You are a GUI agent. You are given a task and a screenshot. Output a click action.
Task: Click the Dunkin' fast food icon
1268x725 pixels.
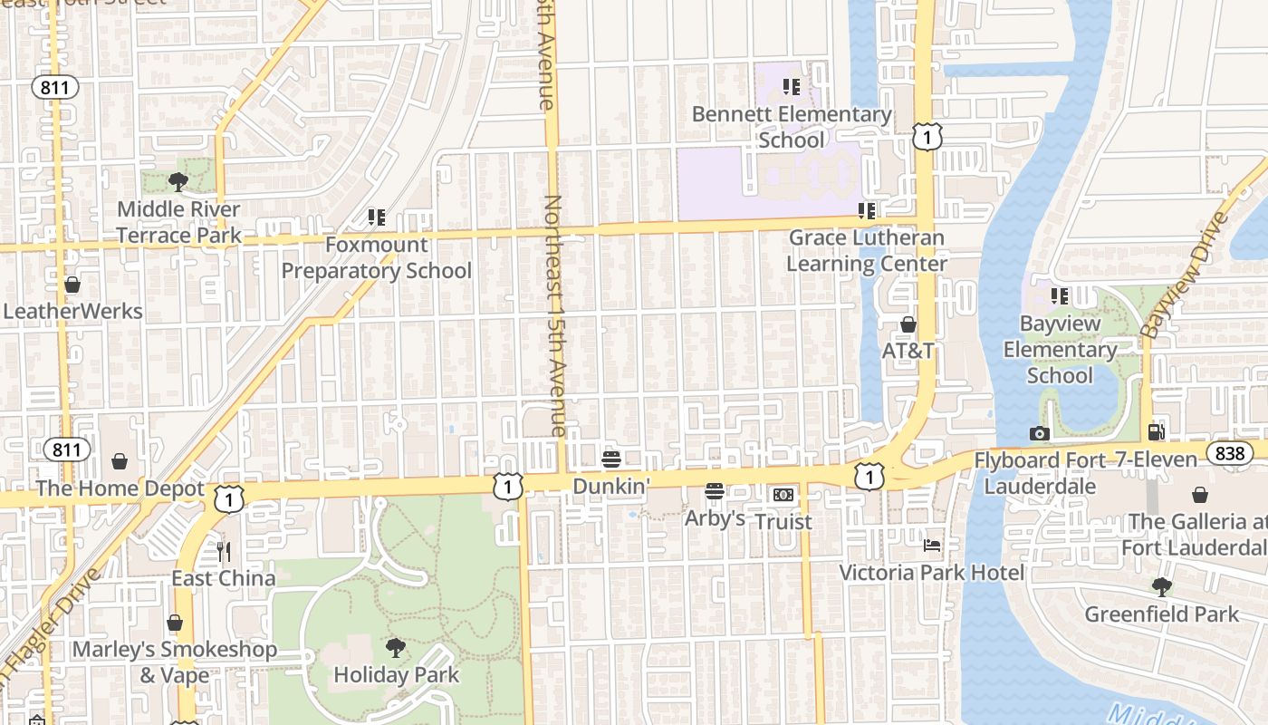point(611,459)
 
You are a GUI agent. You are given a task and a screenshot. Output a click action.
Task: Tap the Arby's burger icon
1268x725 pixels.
point(715,491)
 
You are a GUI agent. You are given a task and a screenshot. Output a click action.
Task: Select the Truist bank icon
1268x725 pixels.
point(783,495)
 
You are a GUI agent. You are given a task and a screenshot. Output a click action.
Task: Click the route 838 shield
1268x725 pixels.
point(1229,453)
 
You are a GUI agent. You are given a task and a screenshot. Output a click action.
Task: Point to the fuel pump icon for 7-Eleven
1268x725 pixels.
point(1156,432)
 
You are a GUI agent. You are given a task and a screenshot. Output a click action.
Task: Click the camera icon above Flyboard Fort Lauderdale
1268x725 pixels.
point(1040,433)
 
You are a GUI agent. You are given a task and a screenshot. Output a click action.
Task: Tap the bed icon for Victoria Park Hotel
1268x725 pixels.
point(932,546)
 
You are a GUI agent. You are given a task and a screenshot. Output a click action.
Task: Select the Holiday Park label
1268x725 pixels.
point(396,675)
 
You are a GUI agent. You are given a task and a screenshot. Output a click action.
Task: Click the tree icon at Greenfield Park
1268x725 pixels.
point(1161,587)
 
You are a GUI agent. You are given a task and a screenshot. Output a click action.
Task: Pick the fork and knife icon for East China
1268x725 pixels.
point(224,551)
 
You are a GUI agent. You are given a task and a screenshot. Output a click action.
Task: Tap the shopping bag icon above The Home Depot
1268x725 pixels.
point(120,462)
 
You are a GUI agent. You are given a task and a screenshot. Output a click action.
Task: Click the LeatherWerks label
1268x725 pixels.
point(72,311)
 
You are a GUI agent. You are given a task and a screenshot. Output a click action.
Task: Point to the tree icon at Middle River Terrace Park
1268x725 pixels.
point(178,182)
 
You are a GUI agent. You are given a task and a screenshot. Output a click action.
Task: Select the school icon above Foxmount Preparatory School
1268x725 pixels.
point(376,217)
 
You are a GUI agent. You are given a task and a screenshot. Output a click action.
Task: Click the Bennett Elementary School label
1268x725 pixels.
point(792,127)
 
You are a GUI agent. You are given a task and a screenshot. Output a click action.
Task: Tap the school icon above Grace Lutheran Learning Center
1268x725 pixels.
point(867,211)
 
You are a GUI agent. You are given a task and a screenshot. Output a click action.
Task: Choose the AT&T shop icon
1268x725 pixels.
point(908,324)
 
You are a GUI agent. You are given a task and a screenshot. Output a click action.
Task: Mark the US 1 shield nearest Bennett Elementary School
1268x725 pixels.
point(927,137)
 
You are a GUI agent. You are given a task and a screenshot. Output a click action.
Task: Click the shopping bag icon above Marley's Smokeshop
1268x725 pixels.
point(175,623)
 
